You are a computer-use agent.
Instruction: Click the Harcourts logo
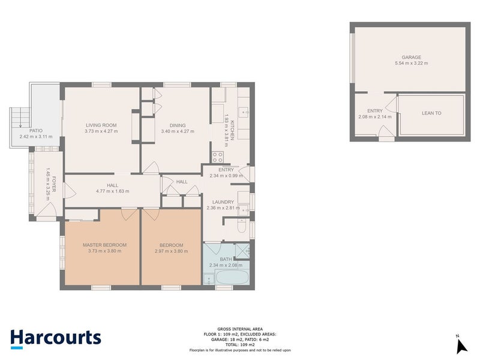56,337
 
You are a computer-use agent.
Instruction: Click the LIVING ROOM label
100,125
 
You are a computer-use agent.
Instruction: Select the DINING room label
177,125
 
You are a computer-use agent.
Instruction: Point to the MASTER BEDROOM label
104,245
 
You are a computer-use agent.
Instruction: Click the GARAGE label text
411,57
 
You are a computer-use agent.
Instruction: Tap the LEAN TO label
431,112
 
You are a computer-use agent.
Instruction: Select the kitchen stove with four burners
217,158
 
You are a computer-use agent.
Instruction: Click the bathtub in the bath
230,277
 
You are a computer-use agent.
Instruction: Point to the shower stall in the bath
243,251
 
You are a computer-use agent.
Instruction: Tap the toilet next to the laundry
241,227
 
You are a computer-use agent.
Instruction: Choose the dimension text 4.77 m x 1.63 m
112,191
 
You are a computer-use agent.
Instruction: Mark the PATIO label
36,131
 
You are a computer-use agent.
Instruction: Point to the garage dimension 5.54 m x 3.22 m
411,63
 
